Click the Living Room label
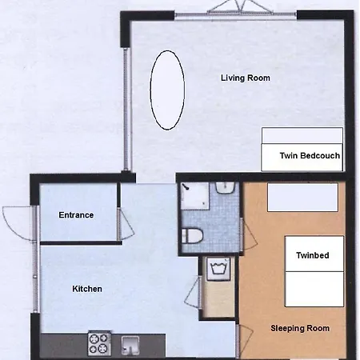(245, 78)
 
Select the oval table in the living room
(169, 90)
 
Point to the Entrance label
(76, 214)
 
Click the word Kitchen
(87, 289)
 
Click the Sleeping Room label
(300, 328)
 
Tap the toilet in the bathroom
(192, 236)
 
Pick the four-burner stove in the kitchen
(98, 343)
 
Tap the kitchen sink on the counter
(132, 345)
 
